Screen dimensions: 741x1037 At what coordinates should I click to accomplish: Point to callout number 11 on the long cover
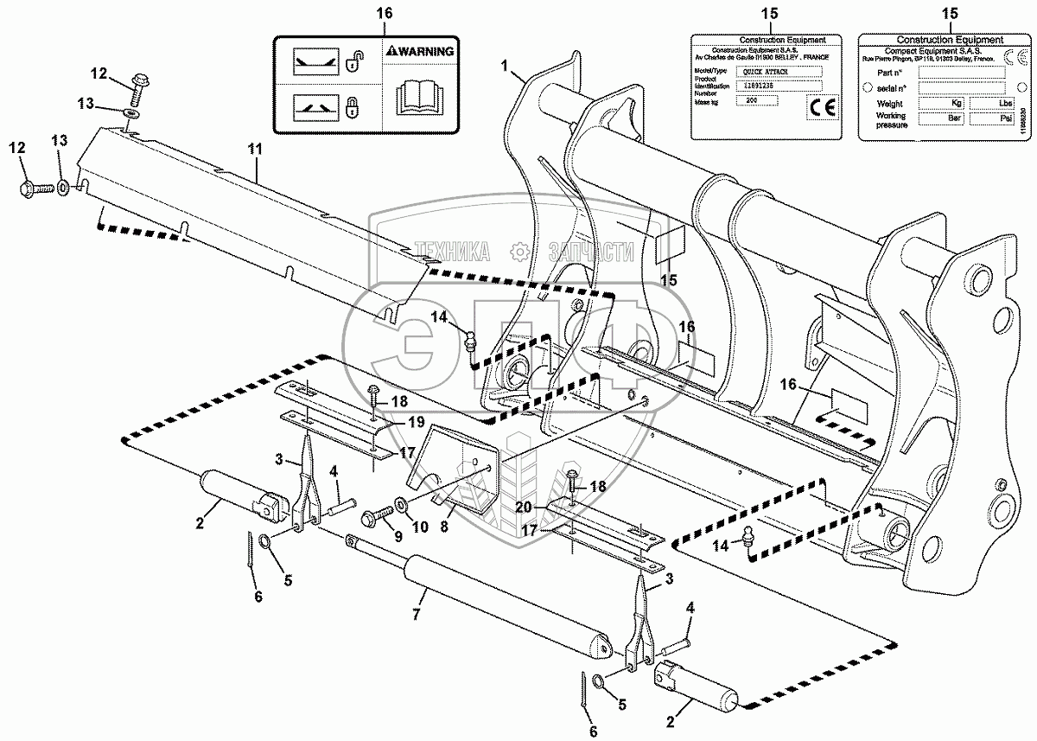(x=253, y=149)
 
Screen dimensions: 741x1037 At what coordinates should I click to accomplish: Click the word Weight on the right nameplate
(x=889, y=103)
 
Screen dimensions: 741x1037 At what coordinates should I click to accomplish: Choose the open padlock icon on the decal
(x=352, y=62)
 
